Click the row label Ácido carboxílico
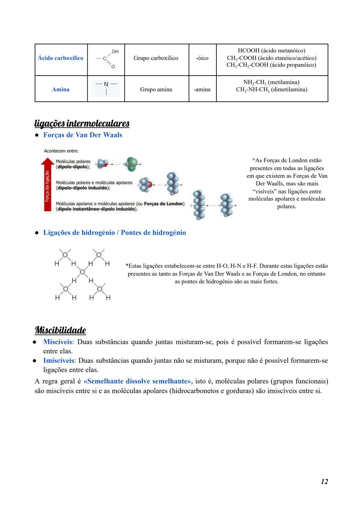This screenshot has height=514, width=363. (61, 58)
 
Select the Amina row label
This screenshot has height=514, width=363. (61, 89)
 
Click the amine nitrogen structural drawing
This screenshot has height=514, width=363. (106, 88)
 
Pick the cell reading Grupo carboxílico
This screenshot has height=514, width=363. (156, 58)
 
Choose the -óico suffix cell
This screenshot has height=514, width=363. (202, 58)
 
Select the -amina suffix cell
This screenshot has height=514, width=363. (202, 89)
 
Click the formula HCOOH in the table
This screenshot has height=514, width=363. (248, 50)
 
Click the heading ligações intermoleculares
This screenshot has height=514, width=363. (82, 124)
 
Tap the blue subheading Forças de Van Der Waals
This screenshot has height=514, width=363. (83, 135)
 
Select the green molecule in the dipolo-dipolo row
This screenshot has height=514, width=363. (132, 164)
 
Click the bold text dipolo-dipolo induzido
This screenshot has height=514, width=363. (83, 188)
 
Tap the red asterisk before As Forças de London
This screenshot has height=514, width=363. (253, 161)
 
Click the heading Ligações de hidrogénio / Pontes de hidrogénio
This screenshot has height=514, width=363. (114, 233)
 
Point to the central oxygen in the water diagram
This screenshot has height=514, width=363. (82, 271)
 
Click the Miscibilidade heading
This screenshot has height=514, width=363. (61, 330)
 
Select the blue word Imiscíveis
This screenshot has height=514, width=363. (58, 360)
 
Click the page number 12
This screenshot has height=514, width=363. (324, 481)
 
